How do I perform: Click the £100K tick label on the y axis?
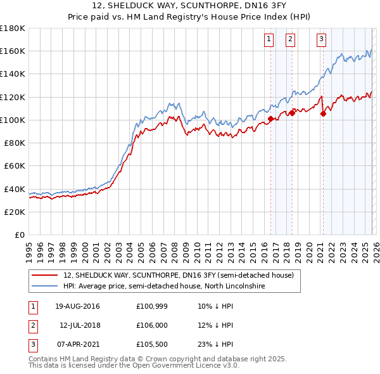pyautogui.click(x=12, y=120)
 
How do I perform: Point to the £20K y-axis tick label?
pyautogui.click(x=14, y=212)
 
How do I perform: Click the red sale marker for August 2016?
pyautogui.click(x=270, y=119)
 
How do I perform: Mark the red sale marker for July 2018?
pyautogui.click(x=292, y=113)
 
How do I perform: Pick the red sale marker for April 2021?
pyautogui.click(x=323, y=114)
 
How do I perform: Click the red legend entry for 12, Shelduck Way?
pyautogui.click(x=178, y=276)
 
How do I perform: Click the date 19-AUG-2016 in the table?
pyautogui.click(x=77, y=306)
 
